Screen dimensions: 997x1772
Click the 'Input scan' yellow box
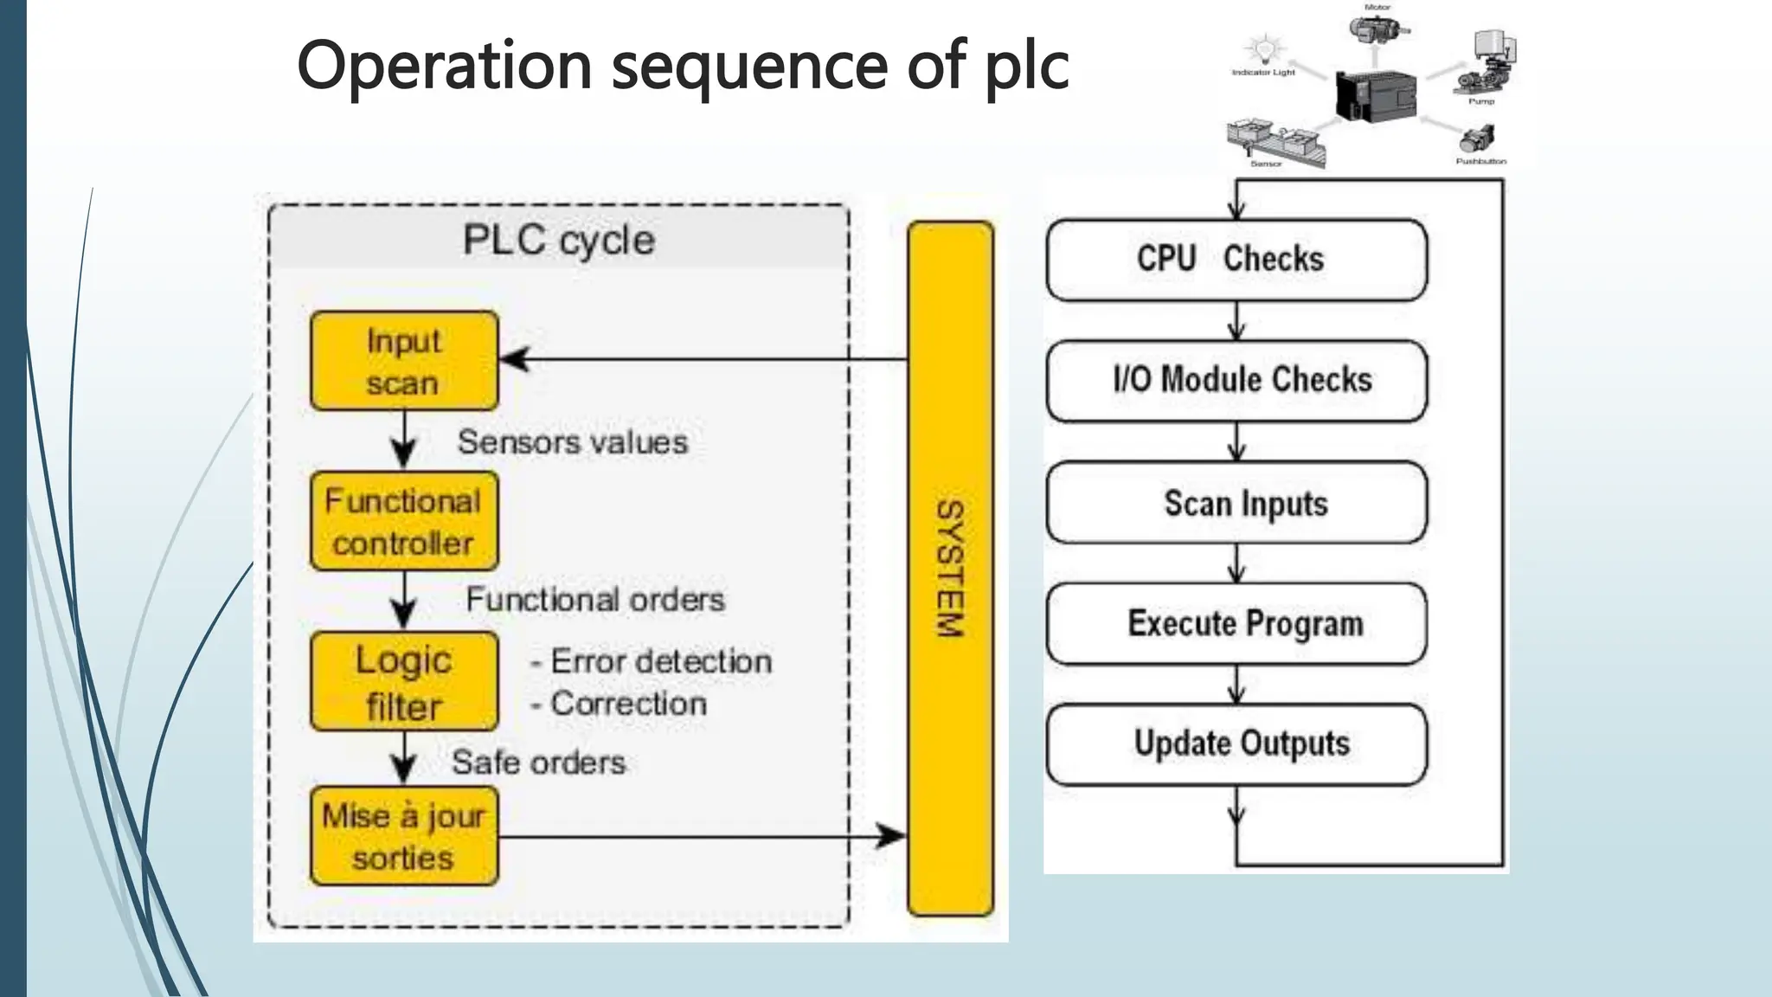(404, 361)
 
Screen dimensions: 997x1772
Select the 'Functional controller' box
(404, 521)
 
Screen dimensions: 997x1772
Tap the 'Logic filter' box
(404, 682)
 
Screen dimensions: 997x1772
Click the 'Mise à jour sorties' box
(404, 836)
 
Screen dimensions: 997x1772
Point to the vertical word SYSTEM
(950, 569)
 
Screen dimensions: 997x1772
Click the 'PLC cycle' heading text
(559, 240)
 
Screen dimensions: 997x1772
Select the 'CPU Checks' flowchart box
(1236, 260)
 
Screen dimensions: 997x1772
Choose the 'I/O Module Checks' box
(1236, 381)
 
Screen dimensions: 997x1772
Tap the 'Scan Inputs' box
(1236, 503)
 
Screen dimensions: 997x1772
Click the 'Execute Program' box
(1236, 623)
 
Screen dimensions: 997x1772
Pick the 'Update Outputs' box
(1236, 744)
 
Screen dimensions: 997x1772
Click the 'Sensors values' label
(572, 442)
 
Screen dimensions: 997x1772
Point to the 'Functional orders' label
(595, 599)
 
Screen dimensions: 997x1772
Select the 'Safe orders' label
(538, 762)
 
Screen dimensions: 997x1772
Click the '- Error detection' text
(652, 662)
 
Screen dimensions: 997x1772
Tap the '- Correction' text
(620, 704)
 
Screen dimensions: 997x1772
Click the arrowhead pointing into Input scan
(514, 359)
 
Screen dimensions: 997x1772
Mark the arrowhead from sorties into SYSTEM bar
(891, 836)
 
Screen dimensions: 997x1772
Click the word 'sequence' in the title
(749, 66)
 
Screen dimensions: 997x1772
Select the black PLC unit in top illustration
(1376, 93)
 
